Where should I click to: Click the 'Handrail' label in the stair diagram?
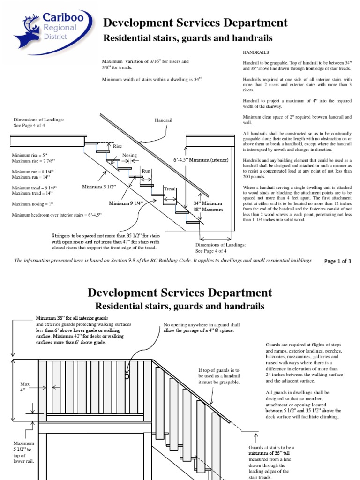pyautogui.click(x=164, y=120)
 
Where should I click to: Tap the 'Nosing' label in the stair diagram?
pyautogui.click(x=129, y=155)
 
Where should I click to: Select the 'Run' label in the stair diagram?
pyautogui.click(x=146, y=171)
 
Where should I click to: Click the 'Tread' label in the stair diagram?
pyautogui.click(x=169, y=189)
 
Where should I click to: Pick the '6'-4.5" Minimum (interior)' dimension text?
pyautogui.click(x=201, y=160)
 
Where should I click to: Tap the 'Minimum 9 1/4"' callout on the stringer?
pyautogui.click(x=126, y=203)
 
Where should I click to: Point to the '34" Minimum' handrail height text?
pyautogui.click(x=208, y=203)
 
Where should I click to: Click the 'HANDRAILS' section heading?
pyautogui.click(x=256, y=53)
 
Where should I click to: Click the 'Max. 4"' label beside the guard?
pyautogui.click(x=25, y=386)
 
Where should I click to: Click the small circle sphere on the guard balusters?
pyautogui.click(x=127, y=376)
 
